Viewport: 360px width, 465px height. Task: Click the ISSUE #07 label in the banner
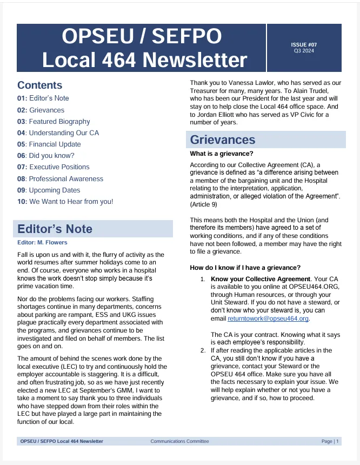(x=304, y=45)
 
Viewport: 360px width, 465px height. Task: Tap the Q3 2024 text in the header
(x=304, y=51)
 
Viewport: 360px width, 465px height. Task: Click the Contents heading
(x=39, y=85)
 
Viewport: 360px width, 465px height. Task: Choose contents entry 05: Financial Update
(x=49, y=144)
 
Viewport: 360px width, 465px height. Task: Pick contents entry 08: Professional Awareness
(x=60, y=178)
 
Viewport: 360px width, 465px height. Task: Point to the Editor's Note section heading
(x=55, y=229)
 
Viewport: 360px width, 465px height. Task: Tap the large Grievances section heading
(x=223, y=139)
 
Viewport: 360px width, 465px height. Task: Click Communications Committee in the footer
(x=179, y=441)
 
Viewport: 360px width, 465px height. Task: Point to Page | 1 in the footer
(x=330, y=441)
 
